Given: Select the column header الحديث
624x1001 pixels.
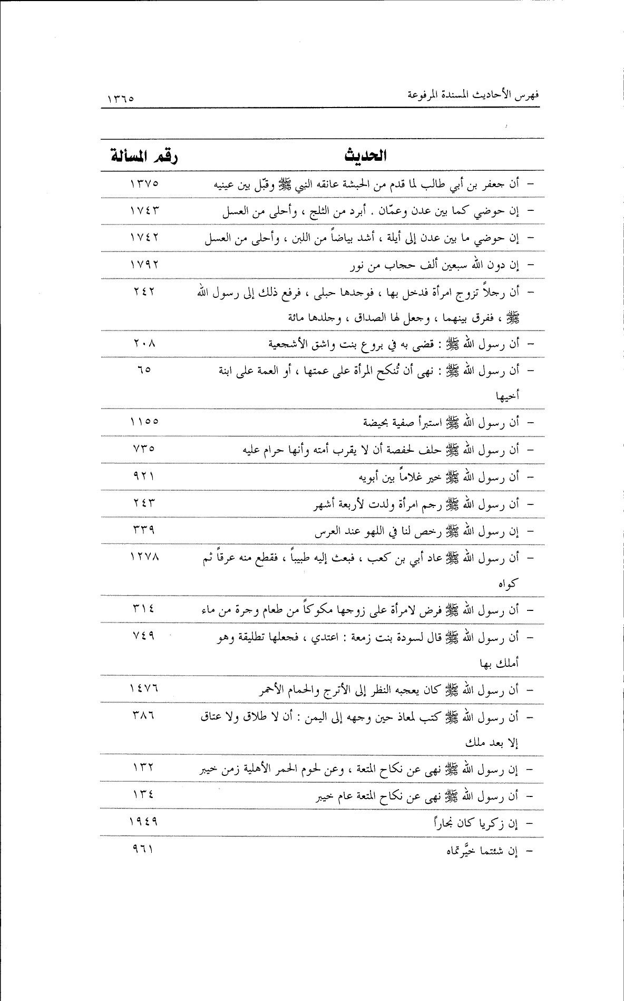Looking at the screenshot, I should click(x=365, y=156).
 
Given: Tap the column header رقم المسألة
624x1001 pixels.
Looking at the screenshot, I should click(x=143, y=156).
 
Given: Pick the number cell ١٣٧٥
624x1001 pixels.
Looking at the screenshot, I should click(x=143, y=184).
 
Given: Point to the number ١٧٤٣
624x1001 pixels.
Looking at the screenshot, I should click(x=143, y=211).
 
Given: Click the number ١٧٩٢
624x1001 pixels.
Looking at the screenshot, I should click(x=143, y=265).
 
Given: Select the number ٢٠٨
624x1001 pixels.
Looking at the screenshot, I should click(x=143, y=344).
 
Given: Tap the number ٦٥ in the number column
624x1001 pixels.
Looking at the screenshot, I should click(x=143, y=371).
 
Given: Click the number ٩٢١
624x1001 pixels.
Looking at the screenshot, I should click(x=143, y=476).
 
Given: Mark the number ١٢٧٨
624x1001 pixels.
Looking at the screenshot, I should click(x=143, y=557).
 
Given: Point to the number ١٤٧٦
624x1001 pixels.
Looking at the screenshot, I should click(x=143, y=689).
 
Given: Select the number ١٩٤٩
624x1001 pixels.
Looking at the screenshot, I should click(x=143, y=821).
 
